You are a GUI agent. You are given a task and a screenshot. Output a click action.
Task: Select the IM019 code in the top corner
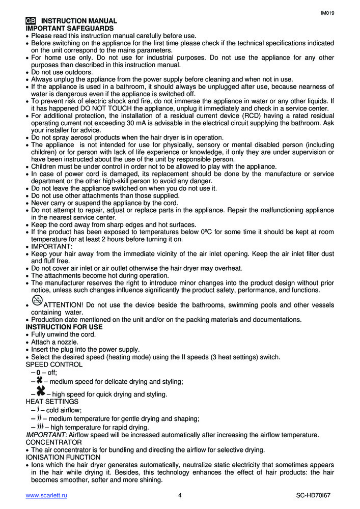click(x=327, y=13)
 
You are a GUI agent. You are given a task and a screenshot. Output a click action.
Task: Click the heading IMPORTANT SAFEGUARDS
click(x=70, y=29)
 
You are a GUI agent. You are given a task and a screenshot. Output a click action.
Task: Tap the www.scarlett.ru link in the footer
click(x=46, y=495)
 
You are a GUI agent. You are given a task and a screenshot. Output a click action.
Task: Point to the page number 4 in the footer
click(x=180, y=495)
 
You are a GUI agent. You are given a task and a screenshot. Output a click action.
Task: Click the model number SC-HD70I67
click(x=315, y=495)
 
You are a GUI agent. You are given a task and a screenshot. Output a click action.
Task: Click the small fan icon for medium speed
click(x=39, y=380)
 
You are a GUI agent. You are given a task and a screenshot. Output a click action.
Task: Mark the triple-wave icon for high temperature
click(x=40, y=426)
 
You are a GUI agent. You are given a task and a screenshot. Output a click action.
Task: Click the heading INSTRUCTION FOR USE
click(x=64, y=327)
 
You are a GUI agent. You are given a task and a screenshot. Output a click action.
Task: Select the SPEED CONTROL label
click(x=54, y=364)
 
